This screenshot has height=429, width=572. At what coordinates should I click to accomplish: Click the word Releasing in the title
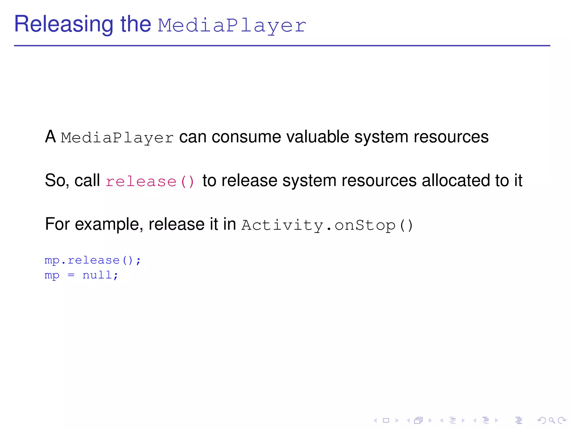64,25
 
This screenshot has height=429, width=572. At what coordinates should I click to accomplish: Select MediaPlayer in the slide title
232,26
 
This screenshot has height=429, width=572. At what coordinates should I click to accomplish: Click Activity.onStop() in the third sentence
327,225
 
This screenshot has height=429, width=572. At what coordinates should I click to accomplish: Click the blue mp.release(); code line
93,260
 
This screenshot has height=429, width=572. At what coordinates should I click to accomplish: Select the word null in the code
97,275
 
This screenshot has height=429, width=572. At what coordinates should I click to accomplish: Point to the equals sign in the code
71,275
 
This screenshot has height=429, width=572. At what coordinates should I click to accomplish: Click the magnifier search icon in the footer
552,420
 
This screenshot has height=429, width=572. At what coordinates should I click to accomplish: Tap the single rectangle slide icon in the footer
386,420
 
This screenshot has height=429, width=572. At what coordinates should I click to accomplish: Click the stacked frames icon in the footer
418,420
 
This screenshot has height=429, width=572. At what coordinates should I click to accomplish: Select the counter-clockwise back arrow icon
541,420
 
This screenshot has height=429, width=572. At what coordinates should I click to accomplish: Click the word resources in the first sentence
451,137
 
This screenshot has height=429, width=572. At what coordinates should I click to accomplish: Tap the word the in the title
136,25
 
